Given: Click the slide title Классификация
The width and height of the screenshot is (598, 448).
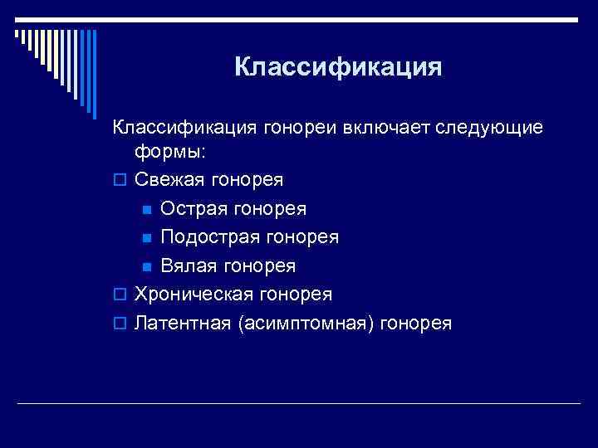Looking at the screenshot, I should pyautogui.click(x=338, y=66).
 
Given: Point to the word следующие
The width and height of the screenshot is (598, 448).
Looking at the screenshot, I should pyautogui.click(x=493, y=129).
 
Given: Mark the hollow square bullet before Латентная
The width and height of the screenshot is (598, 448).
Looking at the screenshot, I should pyautogui.click(x=119, y=324).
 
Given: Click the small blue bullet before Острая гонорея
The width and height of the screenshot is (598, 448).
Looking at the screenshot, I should pyautogui.click(x=145, y=209).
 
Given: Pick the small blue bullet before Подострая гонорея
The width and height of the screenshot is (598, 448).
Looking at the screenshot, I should pyautogui.click(x=145, y=238).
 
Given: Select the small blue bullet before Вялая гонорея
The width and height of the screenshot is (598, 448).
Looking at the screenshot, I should pyautogui.click(x=145, y=266).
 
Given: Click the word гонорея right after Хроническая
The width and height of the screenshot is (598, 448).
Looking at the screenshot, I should pyautogui.click(x=295, y=295).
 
